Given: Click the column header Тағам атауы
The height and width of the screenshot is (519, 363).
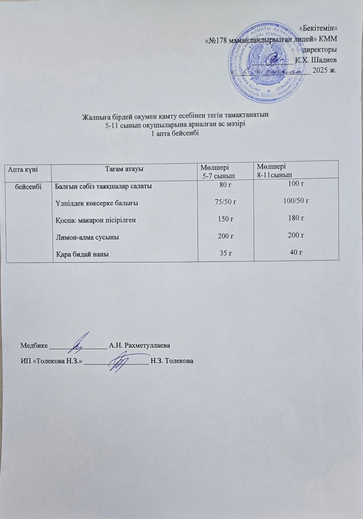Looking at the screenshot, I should coord(125,169).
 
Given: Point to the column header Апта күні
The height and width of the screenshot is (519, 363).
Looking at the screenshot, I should coord(23,169).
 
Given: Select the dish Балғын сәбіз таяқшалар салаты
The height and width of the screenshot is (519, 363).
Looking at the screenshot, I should coord(103,187).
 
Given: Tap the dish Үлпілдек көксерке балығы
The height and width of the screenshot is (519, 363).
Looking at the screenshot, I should coord(97,203).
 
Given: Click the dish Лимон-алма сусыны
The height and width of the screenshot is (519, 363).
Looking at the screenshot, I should coord(87,237).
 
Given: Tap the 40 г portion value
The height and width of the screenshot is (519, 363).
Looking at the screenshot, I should coord(297,252).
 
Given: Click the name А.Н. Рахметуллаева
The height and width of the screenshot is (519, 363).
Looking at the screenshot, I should coord(139,346).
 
